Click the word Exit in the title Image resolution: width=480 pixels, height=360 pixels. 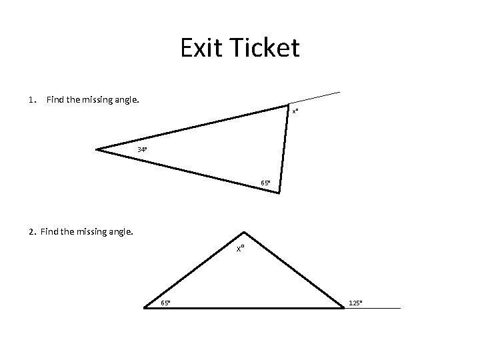pyautogui.click(x=202, y=49)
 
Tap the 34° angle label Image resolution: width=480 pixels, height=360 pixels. pyautogui.click(x=142, y=149)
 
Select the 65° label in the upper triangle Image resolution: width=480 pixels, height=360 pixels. pyautogui.click(x=265, y=183)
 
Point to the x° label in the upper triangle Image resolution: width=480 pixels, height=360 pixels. pyautogui.click(x=295, y=111)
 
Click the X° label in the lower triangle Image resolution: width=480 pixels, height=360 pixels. pyautogui.click(x=241, y=248)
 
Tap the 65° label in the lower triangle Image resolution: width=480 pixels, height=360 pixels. pyautogui.click(x=165, y=303)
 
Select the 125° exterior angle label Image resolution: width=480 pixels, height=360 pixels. pyautogui.click(x=356, y=303)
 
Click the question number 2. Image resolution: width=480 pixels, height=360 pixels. pyautogui.click(x=31, y=233)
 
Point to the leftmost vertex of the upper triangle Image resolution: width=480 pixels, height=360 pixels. pyautogui.click(x=97, y=149)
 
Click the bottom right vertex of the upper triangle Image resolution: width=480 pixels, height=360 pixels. pyautogui.click(x=279, y=193)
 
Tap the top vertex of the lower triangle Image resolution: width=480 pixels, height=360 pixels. pyautogui.click(x=245, y=232)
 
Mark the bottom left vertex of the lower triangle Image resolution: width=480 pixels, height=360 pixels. pyautogui.click(x=145, y=308)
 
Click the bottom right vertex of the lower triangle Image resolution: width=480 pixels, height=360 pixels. pyautogui.click(x=343, y=308)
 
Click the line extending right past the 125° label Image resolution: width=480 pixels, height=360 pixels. pyautogui.click(x=383, y=308)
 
